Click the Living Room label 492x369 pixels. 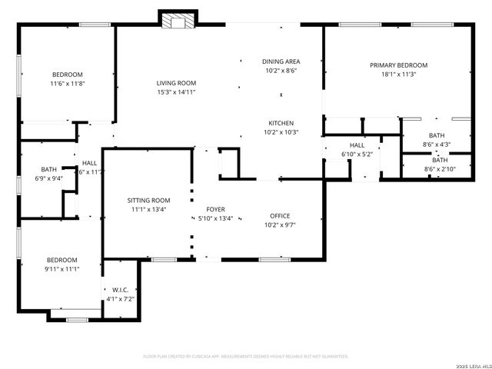177,83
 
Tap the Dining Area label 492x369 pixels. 281,61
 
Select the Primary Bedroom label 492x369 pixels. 398,65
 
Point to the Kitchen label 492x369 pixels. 281,123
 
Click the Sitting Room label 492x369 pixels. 148,200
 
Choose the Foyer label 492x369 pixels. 215,209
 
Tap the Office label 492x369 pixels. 280,216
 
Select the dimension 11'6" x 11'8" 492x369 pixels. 67,83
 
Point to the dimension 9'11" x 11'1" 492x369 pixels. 61,269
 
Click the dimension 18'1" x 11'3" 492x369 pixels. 398,75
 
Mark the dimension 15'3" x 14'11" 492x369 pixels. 177,92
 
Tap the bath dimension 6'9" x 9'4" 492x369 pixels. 49,178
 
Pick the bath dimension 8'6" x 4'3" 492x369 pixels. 437,144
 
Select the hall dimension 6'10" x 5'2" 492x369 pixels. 357,154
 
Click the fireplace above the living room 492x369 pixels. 178,21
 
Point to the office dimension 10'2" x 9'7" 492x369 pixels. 280,225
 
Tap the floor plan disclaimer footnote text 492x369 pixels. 246,356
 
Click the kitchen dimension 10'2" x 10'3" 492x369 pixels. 281,132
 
